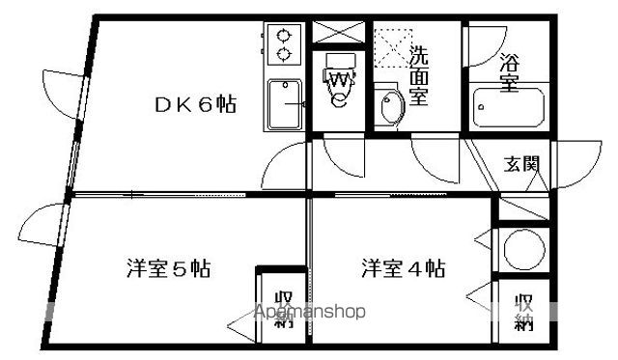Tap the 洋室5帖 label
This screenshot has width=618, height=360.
[168, 267]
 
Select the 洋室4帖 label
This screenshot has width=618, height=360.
[403, 267]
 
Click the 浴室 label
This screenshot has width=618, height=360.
[509, 72]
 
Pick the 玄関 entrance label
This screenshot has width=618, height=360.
[521, 164]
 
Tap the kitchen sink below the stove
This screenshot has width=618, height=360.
[285, 103]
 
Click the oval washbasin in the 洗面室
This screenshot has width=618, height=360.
[390, 108]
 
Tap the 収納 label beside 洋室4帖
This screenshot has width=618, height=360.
[523, 312]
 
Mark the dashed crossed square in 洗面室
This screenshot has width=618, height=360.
[392, 46]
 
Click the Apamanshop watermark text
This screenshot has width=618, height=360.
[308, 313]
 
